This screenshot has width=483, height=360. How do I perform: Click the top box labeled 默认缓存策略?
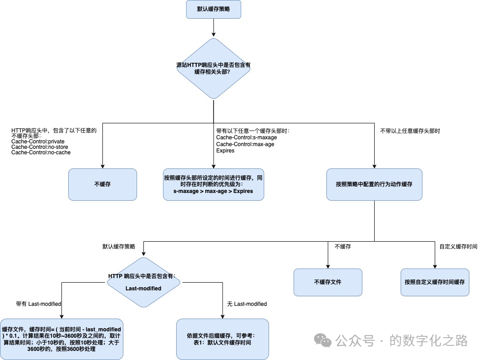[x=214, y=9]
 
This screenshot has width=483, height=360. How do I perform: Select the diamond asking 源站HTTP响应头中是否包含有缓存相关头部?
[x=214, y=68]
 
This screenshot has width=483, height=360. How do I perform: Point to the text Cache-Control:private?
[x=38, y=142]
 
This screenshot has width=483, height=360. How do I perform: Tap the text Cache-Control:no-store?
[x=40, y=147]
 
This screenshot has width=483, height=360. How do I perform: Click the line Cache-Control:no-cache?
[x=41, y=152]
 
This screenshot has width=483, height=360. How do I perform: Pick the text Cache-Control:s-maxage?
[x=246, y=137]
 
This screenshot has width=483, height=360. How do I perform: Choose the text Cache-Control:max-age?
[x=245, y=144]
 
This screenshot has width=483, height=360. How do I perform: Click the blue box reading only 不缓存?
[x=102, y=184]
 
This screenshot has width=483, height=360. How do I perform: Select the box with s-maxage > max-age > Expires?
[x=214, y=184]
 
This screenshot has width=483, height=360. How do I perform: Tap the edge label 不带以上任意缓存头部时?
[x=410, y=131]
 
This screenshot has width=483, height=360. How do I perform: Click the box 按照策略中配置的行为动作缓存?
[x=374, y=184]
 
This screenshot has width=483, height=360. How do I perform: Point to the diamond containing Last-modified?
[x=143, y=282]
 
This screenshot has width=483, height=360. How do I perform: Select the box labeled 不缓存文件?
[x=328, y=282]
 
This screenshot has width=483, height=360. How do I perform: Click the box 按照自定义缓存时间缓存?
[x=435, y=282]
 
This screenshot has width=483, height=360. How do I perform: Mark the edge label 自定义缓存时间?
[x=458, y=246]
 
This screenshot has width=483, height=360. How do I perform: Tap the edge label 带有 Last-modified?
[x=38, y=304]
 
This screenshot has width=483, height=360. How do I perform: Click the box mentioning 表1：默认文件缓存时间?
[x=222, y=339]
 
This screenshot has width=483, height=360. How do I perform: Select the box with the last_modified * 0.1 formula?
[x=61, y=339]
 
